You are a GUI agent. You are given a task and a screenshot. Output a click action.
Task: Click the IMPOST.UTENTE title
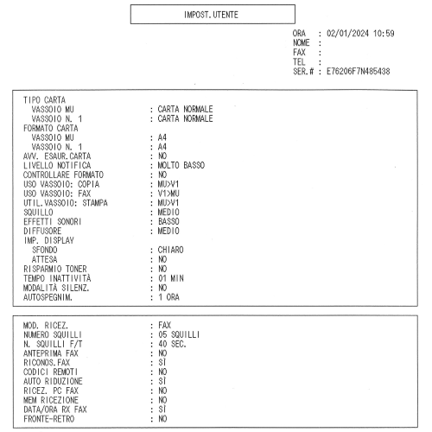211,15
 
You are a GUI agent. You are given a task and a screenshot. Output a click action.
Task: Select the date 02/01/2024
347,34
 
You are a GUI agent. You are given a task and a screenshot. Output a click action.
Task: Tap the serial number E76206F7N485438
358,71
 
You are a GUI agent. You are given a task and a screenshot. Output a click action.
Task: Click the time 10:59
384,34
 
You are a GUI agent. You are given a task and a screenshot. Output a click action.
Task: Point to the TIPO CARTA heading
44,100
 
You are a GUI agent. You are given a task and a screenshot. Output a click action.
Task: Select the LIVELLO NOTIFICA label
57,165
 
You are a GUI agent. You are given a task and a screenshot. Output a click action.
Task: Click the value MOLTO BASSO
181,165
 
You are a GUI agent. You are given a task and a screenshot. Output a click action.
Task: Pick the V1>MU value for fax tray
168,194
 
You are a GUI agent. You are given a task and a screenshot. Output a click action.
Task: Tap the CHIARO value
170,250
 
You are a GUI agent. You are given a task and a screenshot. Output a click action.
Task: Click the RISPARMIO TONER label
55,269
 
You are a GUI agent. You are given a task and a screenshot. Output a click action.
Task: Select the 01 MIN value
171,278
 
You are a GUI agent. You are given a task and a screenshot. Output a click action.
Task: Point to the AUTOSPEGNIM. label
48,297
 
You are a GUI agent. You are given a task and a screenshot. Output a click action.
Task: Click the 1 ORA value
168,297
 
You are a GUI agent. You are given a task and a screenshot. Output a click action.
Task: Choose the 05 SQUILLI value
179,334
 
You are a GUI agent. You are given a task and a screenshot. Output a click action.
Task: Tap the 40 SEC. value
172,344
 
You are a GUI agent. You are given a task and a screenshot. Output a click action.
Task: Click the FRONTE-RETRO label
48,419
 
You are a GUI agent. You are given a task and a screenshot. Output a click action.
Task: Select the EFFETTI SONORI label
52,221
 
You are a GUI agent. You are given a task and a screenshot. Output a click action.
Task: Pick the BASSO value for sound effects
168,221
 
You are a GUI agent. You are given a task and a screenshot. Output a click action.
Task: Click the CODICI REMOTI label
50,372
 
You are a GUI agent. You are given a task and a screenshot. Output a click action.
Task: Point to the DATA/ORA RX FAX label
55,410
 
